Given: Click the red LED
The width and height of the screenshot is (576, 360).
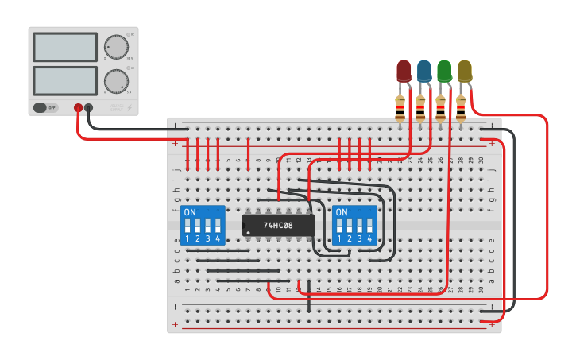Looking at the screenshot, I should pyautogui.click(x=404, y=71).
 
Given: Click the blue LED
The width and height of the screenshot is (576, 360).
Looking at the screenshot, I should pyautogui.click(x=424, y=71).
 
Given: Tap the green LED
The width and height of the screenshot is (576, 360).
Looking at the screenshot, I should pyautogui.click(x=444, y=71).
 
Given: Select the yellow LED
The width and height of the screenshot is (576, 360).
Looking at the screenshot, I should pyautogui.click(x=464, y=71).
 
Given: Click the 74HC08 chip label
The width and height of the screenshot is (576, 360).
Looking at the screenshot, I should pyautogui.click(x=278, y=225).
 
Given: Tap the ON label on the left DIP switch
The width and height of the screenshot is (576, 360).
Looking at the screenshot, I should pyautogui.click(x=190, y=213).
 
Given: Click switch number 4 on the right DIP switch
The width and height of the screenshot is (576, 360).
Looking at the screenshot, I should pyautogui.click(x=369, y=226).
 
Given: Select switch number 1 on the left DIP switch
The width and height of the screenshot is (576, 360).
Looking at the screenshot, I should pyautogui.click(x=188, y=226).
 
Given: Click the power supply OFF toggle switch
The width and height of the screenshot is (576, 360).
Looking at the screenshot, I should pyautogui.click(x=46, y=107).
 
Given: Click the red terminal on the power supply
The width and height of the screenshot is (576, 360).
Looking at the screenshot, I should pyautogui.click(x=78, y=107).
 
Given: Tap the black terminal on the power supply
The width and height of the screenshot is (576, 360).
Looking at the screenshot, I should pyautogui.click(x=88, y=107).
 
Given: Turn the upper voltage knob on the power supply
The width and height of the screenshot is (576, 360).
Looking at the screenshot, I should pyautogui.click(x=117, y=47).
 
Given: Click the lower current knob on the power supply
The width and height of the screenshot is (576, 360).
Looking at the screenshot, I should pyautogui.click(x=116, y=80).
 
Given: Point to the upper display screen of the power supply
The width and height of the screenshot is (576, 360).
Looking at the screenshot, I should pyautogui.click(x=65, y=47).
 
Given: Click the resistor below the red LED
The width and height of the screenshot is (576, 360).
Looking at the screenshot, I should pyautogui.click(x=400, y=106).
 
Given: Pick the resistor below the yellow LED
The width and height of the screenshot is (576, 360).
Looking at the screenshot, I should pyautogui.click(x=461, y=106).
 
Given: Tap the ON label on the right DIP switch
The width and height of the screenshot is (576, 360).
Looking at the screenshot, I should pyautogui.click(x=342, y=213).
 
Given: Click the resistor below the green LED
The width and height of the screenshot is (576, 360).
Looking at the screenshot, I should pyautogui.click(x=440, y=106).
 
